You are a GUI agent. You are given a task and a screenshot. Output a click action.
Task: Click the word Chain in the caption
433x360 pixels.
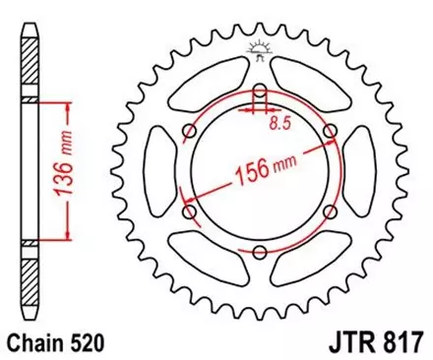click(x=33, y=340)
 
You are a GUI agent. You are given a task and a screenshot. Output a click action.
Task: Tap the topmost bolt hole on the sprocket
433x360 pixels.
click(x=259, y=91)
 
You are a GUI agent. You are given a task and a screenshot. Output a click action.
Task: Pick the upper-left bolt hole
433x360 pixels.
click(x=189, y=132)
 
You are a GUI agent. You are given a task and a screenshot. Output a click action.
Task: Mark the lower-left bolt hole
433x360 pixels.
click(x=189, y=211)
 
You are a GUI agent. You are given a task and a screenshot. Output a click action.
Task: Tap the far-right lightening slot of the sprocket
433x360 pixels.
click(x=360, y=172)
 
